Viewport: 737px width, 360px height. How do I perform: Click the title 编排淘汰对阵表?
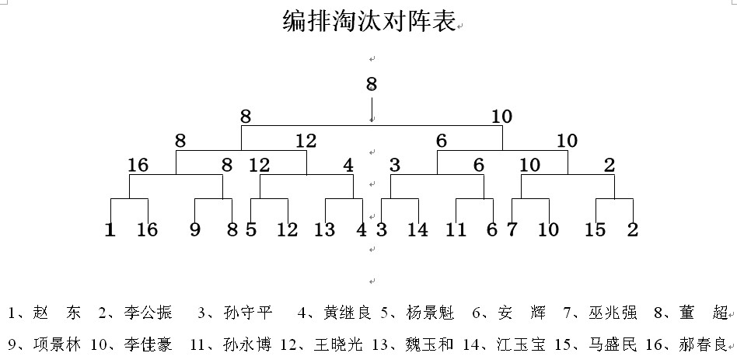[369, 21]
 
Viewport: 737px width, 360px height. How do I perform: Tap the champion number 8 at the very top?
[372, 84]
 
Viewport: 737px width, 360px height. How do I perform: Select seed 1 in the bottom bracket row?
[110, 230]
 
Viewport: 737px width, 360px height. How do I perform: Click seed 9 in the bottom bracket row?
[195, 230]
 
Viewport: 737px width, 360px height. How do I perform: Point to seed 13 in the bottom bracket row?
[324, 230]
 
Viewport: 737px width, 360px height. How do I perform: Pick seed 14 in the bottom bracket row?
[417, 230]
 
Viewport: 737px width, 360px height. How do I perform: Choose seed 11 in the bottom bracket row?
[455, 230]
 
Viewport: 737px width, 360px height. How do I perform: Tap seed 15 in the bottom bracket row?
[595, 230]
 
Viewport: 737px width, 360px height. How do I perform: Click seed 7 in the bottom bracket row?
[512, 230]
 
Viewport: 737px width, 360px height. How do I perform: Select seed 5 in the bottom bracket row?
[251, 230]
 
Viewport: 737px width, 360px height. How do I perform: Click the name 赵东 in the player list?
[57, 313]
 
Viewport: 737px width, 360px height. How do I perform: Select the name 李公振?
[148, 313]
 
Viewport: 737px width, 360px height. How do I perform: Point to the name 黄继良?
[348, 313]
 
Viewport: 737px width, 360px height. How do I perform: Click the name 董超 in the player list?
[703, 313]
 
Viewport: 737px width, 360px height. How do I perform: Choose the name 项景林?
[57, 345]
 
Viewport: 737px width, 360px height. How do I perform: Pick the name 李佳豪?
[148, 345]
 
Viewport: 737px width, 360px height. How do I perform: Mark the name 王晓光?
[338, 345]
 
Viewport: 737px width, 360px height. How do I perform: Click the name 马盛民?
[613, 345]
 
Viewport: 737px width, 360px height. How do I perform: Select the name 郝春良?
[703, 345]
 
